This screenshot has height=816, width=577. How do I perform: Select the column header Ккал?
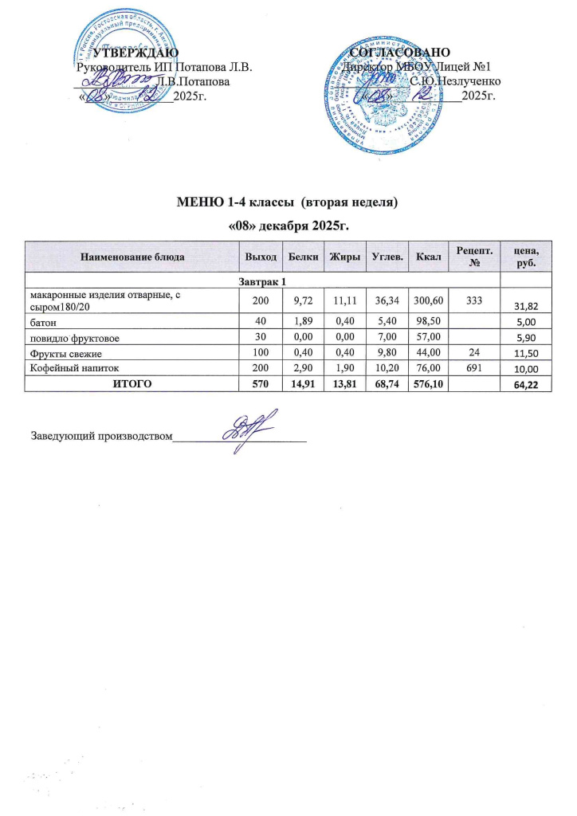point(423,257)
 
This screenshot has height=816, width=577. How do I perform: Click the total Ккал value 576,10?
point(423,383)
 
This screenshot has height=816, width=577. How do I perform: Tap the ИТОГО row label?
point(132,383)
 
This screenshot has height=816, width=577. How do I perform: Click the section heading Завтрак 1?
point(263,281)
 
